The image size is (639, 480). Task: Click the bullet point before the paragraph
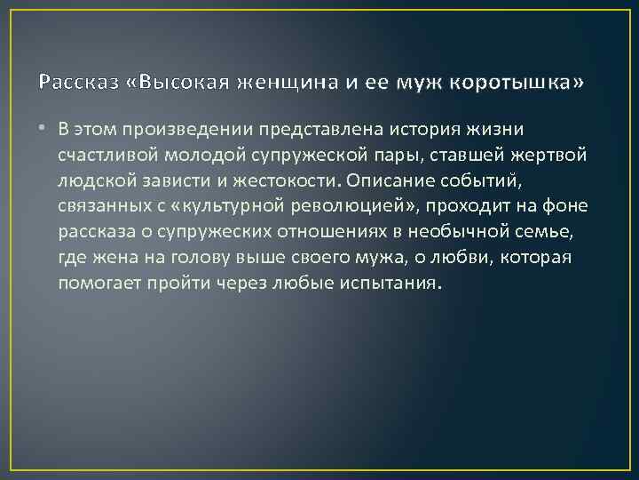coord(43,129)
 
